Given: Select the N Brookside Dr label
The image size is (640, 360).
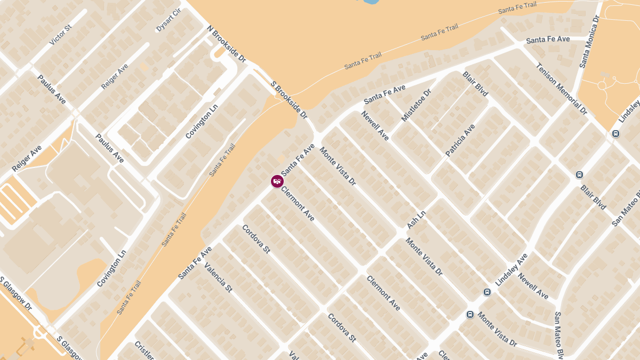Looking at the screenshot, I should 226,44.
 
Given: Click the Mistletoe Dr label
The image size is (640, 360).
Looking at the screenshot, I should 415,105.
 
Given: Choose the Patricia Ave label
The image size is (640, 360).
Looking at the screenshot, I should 460,140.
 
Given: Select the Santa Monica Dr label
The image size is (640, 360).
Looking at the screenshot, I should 589,42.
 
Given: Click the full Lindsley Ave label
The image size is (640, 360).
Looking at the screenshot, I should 511,269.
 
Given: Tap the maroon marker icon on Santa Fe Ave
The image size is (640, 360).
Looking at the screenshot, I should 277,181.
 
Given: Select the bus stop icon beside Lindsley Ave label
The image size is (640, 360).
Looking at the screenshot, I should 487,292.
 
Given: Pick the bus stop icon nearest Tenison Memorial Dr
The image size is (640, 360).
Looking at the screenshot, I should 616,134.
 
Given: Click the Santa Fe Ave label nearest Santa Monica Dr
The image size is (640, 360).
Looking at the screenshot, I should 548,39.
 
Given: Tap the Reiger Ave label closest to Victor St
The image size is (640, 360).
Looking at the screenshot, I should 115,76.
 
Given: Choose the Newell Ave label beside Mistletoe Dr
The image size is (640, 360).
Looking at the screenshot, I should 375,126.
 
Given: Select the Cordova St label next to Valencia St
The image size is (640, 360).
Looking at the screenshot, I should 256,239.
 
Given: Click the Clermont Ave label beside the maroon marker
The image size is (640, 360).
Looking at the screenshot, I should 298,204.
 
